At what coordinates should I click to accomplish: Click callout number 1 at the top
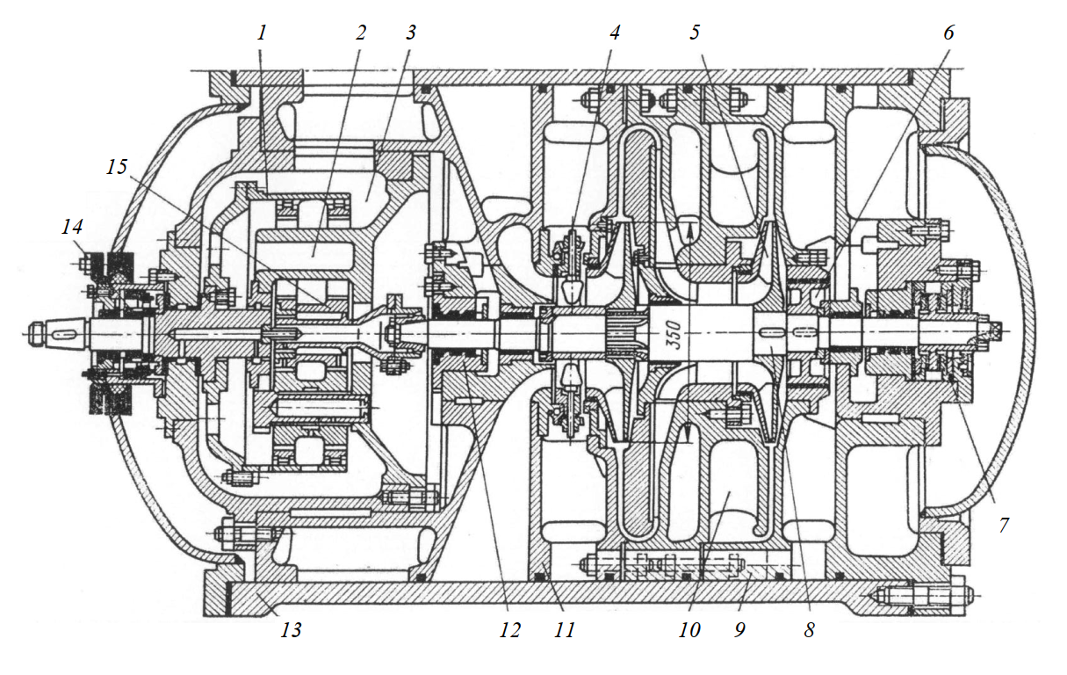pyautogui.click(x=261, y=33)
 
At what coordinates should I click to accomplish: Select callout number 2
pyautogui.click(x=359, y=33)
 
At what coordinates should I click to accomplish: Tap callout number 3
pyautogui.click(x=409, y=33)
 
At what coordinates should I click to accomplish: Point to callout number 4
pyautogui.click(x=614, y=33)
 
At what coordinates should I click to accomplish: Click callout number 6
pyautogui.click(x=948, y=33)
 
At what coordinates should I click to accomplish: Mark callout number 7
pyautogui.click(x=1004, y=526)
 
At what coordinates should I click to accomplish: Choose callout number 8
pyautogui.click(x=809, y=629)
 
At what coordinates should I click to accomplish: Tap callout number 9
pyautogui.click(x=739, y=629)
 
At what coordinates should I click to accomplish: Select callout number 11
pyautogui.click(x=565, y=629)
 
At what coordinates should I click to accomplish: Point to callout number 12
pyautogui.click(x=508, y=629)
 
